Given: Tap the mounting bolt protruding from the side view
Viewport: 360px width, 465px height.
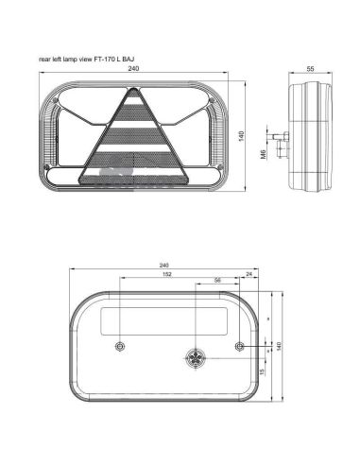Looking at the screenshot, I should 278,138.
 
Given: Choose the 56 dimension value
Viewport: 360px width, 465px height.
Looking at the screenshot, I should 218,282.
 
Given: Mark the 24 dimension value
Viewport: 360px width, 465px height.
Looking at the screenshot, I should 249,276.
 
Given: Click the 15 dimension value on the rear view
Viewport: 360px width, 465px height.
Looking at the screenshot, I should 262,371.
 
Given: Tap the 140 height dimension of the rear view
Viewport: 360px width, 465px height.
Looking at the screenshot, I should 281,345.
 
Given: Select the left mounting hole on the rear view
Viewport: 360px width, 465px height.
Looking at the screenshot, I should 117,343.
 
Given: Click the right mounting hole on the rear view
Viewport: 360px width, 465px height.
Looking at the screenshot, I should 244,344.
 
